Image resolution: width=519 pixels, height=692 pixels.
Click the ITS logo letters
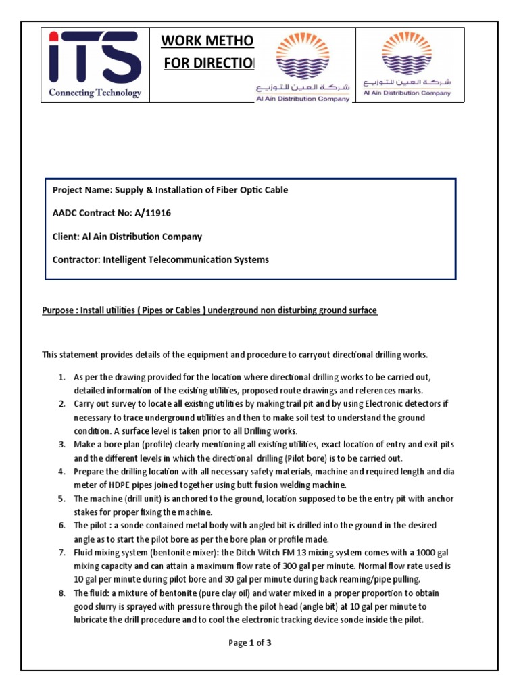point(95,57)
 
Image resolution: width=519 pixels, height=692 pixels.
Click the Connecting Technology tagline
point(95,93)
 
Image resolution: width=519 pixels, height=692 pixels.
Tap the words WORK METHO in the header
point(207,42)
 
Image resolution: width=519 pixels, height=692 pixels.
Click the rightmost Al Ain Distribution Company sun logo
point(407,54)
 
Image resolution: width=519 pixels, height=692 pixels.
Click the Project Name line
point(170,190)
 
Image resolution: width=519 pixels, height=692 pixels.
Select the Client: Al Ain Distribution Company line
point(127,237)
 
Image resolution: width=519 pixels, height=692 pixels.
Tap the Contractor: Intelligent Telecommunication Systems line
point(160,259)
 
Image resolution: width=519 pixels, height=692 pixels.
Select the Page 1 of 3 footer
point(250,643)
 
